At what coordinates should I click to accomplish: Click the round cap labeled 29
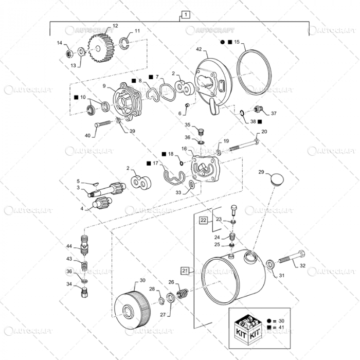click(x=276, y=179)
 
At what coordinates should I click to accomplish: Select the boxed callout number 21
click(x=185, y=269)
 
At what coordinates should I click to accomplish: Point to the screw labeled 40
click(x=103, y=125)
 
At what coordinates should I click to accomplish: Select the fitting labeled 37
click(x=258, y=110)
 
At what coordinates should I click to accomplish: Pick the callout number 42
click(x=199, y=50)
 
